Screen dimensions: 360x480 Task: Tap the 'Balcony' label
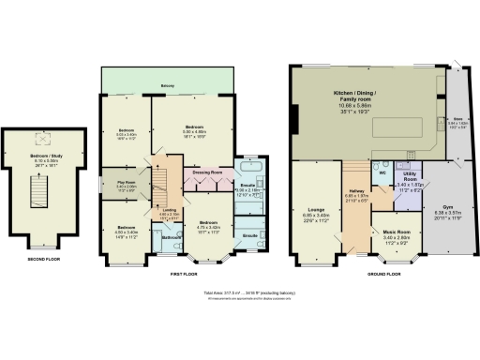(167, 84)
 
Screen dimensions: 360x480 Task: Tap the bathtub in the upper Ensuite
(251, 172)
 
